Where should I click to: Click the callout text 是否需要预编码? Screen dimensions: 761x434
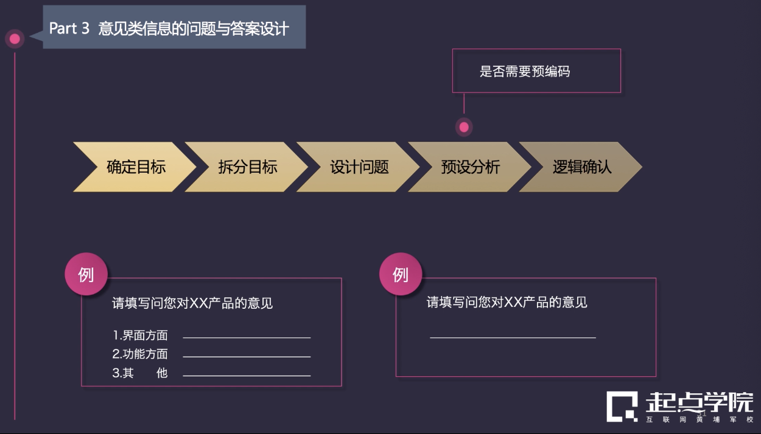click(525, 71)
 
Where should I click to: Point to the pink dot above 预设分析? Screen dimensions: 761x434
click(464, 127)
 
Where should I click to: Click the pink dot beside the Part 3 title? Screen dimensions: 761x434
click(15, 39)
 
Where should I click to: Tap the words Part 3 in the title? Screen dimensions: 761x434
click(69, 28)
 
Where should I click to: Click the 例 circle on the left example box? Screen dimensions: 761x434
click(86, 274)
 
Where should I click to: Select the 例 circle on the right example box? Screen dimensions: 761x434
click(401, 274)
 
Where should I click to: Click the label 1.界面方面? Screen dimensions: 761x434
click(140, 336)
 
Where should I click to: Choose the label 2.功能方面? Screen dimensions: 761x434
click(140, 354)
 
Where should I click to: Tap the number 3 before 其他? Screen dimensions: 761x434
click(116, 373)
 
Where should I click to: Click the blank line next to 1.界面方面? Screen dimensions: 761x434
click(247, 337)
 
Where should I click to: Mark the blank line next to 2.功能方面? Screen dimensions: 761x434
click(247, 357)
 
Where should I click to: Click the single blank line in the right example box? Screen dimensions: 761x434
click(513, 337)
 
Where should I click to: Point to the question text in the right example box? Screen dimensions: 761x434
click(507, 302)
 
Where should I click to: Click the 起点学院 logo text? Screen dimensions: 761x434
click(699, 403)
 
